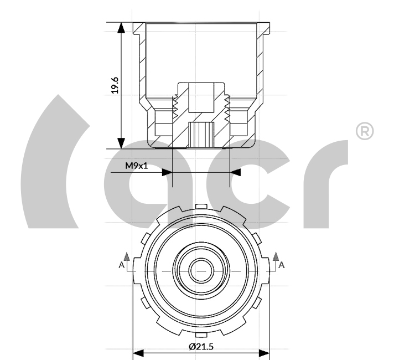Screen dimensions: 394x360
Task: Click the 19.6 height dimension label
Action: tap(115, 85)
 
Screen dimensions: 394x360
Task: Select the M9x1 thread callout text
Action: tap(137, 166)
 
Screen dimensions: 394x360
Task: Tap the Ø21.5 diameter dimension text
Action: tap(201, 347)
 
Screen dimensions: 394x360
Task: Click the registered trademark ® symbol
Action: tap(365, 131)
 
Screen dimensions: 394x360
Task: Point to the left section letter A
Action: tap(121, 265)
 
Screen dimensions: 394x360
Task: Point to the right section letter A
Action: tap(282, 265)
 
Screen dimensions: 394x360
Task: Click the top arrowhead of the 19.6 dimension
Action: tap(121, 28)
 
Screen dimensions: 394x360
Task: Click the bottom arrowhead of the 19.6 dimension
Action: tap(121, 143)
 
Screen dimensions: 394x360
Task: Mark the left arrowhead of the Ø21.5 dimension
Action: tap(138, 353)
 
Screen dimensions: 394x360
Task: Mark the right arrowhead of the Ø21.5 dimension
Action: tap(264, 353)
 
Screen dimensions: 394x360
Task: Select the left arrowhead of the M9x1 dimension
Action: tap(167, 173)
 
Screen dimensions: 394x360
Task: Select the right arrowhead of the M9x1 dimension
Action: tap(235, 173)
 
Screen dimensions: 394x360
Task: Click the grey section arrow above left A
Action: tap(127, 256)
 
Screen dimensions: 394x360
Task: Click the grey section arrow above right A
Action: tap(276, 256)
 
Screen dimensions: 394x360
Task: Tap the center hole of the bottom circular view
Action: tap(201, 271)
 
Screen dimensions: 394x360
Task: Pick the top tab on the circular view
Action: tap(201, 207)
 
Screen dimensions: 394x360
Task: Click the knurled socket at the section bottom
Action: tap(201, 135)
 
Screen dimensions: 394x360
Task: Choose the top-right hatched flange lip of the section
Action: tap(263, 28)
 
